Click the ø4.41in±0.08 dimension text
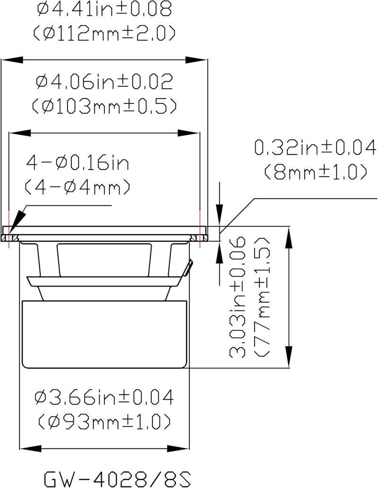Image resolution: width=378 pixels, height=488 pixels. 104,9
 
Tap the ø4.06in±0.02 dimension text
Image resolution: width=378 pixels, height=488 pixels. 104,82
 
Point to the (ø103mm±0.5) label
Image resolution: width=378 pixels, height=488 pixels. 104,106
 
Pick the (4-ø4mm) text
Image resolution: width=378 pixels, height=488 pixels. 77,187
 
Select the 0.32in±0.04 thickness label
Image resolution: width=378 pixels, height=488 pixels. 315,148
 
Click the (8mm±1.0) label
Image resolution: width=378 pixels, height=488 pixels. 315,172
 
